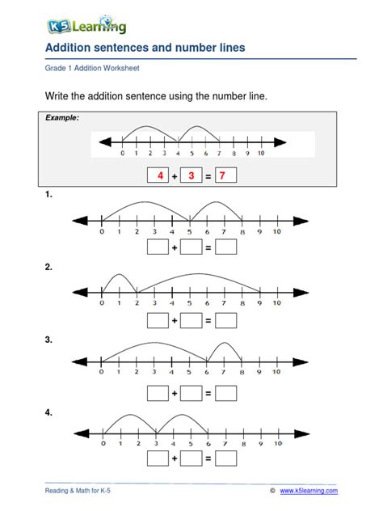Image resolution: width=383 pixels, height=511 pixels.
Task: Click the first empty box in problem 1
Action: point(158,248)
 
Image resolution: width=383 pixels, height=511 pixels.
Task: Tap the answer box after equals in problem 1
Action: point(226,248)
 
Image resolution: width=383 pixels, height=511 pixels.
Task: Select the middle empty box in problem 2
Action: point(191,321)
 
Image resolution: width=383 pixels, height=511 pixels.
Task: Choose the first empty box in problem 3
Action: point(158,394)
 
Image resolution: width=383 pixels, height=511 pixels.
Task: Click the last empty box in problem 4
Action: point(226,458)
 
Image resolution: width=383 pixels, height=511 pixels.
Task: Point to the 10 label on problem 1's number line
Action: point(276,232)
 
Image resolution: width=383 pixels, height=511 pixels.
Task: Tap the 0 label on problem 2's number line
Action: point(102,305)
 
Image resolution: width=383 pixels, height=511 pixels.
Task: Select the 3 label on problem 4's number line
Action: point(154,443)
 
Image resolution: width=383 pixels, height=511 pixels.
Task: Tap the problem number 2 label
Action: point(48,268)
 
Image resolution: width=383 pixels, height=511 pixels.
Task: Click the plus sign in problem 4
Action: point(175,458)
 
